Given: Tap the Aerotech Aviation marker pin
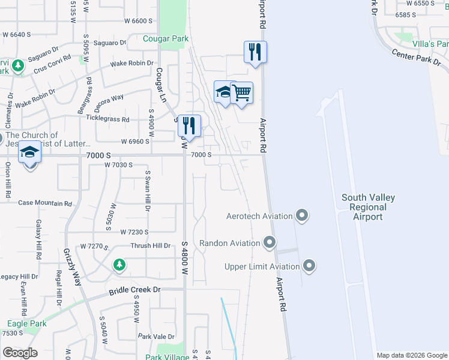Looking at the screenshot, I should pyautogui.click(x=302, y=215).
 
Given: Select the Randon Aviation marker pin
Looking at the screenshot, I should pyautogui.click(x=270, y=243).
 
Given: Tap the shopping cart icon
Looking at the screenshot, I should pyautogui.click(x=241, y=94).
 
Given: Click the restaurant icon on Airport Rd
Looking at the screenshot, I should pyautogui.click(x=256, y=52).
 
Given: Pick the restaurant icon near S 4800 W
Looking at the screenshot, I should pyautogui.click(x=189, y=125).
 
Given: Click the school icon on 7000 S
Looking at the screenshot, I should pyautogui.click(x=29, y=153).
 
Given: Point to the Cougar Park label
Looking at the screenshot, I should pyautogui.click(x=166, y=39).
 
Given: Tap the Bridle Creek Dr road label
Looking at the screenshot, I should pyautogui.click(x=136, y=290).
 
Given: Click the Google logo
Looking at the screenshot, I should pyautogui.click(x=20, y=353).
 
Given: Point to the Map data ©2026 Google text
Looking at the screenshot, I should pyautogui.click(x=412, y=355).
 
